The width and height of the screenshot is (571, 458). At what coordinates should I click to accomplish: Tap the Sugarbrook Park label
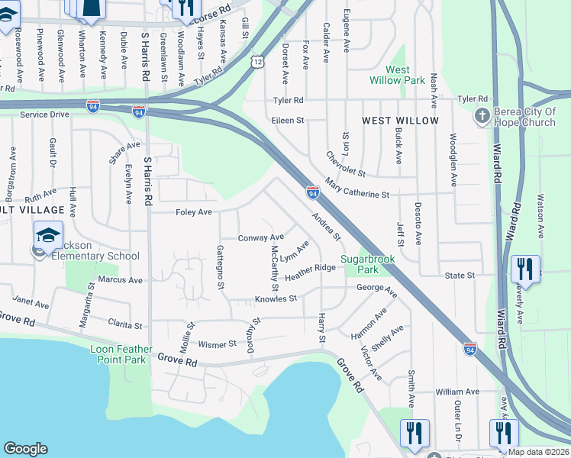coord(368,264)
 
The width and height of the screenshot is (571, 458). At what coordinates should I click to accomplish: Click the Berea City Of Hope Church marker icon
coord(482,116)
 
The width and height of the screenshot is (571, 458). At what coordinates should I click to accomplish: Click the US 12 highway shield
coord(257,61)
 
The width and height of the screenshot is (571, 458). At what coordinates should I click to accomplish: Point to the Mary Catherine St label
coord(356,189)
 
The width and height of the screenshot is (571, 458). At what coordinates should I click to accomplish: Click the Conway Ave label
coord(260,238)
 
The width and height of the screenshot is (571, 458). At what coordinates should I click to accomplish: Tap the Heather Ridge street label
coord(310,273)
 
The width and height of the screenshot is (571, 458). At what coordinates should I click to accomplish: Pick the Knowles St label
coord(275,298)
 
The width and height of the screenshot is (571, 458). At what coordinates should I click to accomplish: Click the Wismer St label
coord(218,344)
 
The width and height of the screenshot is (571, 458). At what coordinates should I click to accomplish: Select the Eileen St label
coord(287,121)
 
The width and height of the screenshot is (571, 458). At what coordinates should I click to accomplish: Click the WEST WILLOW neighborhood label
coord(400,121)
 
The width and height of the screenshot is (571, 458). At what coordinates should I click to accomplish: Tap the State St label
coord(460,275)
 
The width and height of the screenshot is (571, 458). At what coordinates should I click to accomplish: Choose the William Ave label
coord(457,392)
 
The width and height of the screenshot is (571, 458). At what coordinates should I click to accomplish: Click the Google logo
coord(25,449)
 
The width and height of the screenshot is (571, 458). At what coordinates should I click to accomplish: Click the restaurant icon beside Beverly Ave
coord(524,268)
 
